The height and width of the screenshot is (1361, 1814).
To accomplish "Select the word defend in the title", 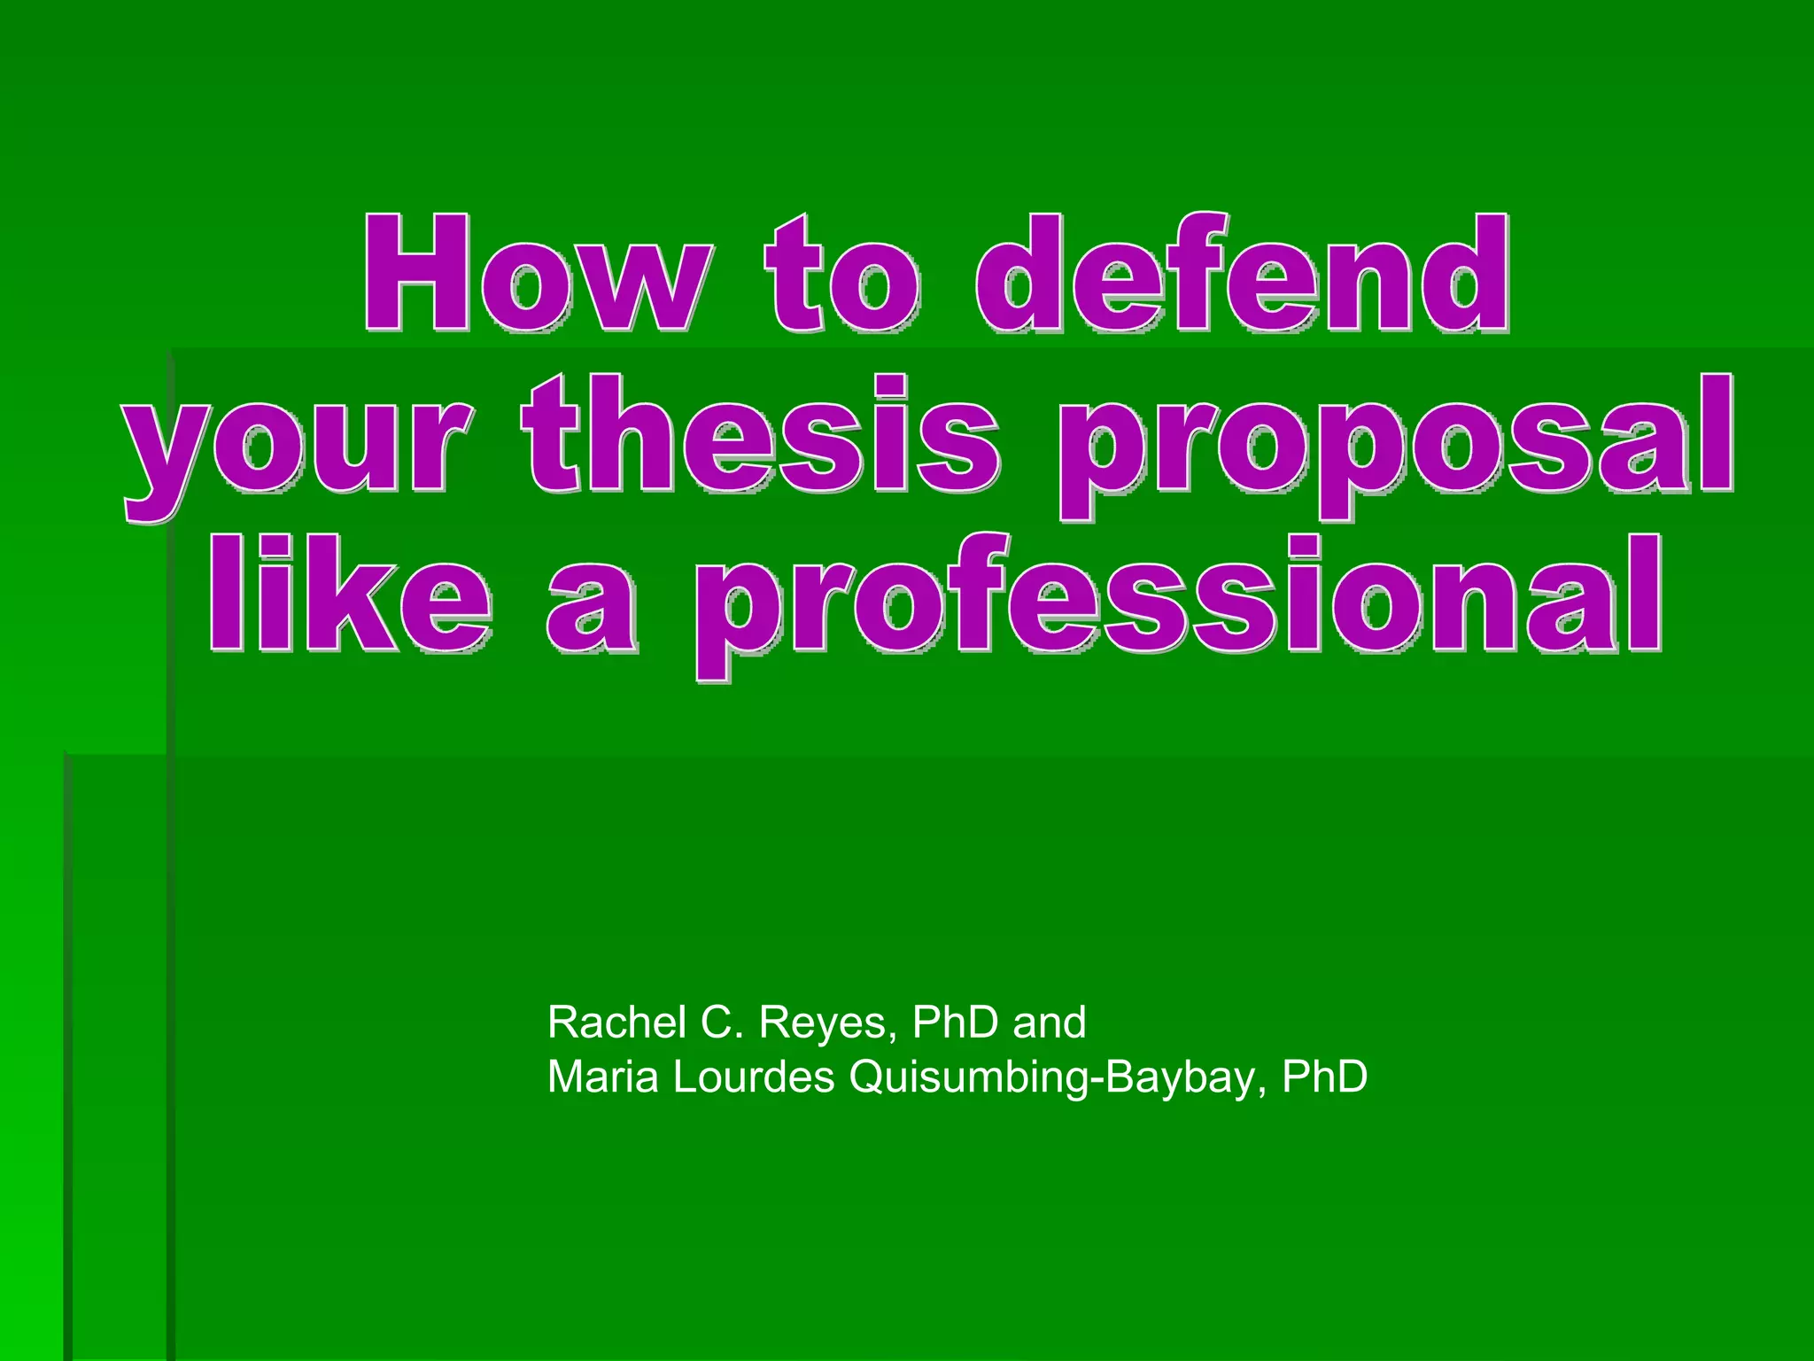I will click(1243, 275).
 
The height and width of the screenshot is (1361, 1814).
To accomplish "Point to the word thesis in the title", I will click(762, 434).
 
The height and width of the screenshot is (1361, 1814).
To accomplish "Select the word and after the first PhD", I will click(1050, 1023).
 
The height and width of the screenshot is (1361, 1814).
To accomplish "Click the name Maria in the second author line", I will click(604, 1077).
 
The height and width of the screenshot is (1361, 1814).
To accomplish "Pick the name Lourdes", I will click(754, 1077).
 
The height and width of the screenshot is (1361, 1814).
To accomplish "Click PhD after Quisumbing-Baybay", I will click(1325, 1077).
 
